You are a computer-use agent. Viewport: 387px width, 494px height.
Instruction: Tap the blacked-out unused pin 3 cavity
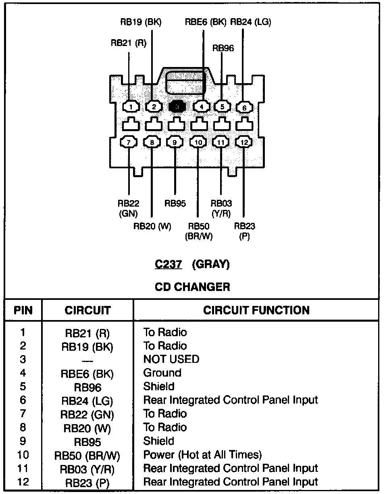coord(177,107)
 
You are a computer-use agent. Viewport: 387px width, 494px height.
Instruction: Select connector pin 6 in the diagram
coord(244,107)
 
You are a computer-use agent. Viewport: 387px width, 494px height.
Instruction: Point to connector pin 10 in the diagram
coord(198,142)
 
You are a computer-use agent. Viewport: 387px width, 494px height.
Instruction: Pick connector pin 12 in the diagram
coord(244,142)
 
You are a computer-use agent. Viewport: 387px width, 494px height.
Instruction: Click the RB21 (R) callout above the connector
coord(129,44)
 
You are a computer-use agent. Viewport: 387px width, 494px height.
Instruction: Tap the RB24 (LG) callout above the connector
coord(251,22)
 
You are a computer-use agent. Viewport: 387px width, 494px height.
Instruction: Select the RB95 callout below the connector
coord(175,203)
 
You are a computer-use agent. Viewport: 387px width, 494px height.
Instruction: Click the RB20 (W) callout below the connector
coord(152,226)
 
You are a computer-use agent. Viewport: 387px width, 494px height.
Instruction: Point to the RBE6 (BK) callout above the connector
coord(205,22)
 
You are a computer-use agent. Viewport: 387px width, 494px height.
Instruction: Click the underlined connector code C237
coord(169,264)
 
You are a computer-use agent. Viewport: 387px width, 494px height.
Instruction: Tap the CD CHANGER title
coord(193,287)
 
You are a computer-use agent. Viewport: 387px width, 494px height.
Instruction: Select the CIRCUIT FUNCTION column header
coord(256,310)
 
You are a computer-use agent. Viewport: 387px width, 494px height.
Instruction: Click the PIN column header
coord(23,310)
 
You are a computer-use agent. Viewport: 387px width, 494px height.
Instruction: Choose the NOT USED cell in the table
coord(171,359)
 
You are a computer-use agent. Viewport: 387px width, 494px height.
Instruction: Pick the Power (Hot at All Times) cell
coord(203,455)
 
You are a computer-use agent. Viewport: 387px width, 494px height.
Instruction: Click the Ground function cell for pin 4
coord(162,373)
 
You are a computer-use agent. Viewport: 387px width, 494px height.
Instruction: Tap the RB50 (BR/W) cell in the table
coord(87,456)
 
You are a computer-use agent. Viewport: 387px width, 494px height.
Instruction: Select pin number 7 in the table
coord(23,414)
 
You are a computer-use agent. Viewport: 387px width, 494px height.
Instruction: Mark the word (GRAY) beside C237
coord(211,264)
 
